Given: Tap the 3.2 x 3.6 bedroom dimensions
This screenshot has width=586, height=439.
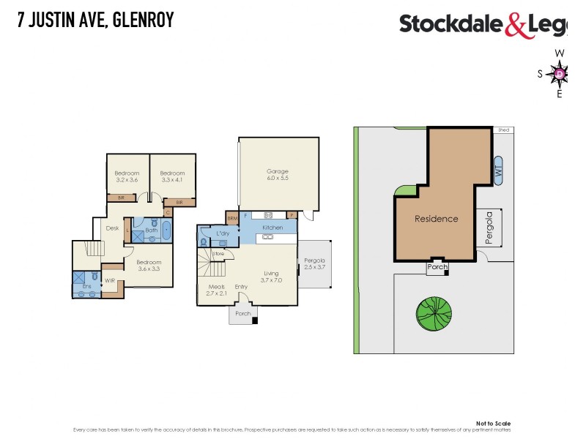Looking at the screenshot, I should tap(127, 179).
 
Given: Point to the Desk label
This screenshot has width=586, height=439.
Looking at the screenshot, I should tap(112, 228).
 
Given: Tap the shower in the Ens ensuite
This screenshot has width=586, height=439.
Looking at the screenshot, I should tap(79, 279).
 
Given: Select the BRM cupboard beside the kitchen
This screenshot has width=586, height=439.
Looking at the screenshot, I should tap(232, 218).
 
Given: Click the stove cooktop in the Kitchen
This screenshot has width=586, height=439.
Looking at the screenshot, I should tap(268, 215).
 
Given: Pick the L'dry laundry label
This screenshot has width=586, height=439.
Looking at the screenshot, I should tap(223, 233).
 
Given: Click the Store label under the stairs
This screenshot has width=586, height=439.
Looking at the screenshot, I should tap(218, 254).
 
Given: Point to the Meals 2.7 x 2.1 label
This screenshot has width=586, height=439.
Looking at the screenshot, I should tap(216, 290).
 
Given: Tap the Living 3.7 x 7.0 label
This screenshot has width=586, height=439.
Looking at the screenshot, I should tap(272, 277).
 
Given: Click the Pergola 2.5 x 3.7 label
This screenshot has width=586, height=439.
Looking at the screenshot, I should tap(314, 264).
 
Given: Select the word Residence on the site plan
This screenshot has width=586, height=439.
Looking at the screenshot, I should tap(436, 219).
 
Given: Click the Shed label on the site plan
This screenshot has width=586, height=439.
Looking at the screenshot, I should tap(503, 130).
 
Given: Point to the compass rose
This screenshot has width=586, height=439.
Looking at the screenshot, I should tap(560, 73).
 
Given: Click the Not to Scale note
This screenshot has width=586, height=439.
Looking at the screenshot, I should tap(493, 423).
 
